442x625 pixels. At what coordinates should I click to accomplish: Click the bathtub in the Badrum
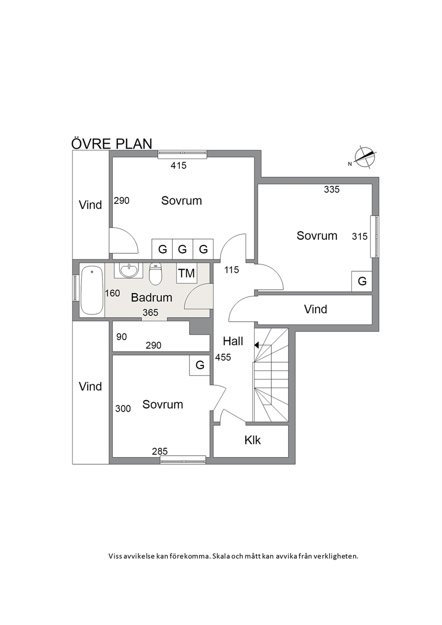92,290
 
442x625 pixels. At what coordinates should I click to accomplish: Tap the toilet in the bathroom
156,274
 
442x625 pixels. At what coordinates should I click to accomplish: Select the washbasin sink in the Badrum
128,270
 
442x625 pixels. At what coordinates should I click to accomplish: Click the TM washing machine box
187,273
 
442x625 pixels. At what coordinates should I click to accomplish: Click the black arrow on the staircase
257,345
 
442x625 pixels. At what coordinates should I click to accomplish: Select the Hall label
233,341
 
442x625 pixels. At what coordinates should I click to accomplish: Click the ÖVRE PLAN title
112,143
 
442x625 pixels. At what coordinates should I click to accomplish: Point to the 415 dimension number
179,166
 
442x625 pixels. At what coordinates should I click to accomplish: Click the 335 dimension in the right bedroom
332,190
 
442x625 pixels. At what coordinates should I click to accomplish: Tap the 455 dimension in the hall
223,357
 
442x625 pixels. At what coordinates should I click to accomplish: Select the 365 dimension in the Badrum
151,313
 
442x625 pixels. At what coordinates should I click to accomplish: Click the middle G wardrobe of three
183,249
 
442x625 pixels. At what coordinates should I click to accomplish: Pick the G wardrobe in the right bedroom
362,281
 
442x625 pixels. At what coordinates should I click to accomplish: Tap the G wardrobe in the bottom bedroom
200,365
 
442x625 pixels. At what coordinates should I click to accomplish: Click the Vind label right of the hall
315,310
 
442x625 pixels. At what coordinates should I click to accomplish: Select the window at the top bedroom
182,154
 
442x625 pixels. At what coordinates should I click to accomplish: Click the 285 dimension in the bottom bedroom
160,451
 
